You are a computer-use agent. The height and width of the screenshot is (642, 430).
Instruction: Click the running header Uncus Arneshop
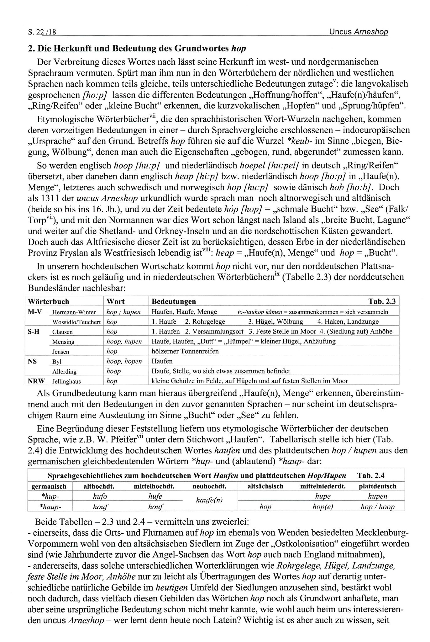pos(358,31)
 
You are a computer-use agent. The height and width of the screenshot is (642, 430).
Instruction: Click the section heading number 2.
pos(31,49)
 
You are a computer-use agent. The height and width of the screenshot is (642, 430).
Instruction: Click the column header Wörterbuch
pos(48,301)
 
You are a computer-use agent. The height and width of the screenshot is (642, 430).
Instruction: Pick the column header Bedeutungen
pos(174,301)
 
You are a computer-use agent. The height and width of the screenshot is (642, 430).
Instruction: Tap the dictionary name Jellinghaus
pos(66,381)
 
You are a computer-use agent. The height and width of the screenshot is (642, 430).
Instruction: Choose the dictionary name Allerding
pos(65,371)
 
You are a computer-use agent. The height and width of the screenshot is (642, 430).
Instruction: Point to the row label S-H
pos(34,332)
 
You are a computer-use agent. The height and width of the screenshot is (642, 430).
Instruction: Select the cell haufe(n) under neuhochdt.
pos(209,500)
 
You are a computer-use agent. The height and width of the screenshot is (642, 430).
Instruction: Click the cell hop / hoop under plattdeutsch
pos(377,507)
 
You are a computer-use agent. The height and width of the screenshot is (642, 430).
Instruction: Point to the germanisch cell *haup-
pos(50,507)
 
